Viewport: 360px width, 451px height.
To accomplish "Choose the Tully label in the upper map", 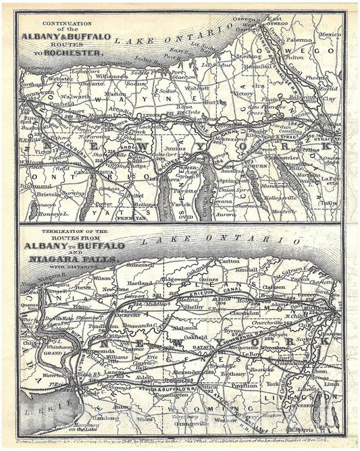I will [329, 202].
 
